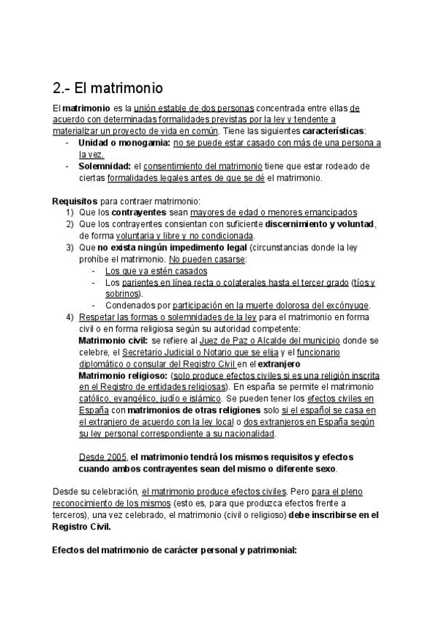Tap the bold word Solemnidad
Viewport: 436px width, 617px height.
click(105, 167)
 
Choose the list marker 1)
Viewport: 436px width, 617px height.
click(70, 212)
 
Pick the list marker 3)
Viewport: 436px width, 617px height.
click(70, 247)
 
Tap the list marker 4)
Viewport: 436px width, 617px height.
click(70, 317)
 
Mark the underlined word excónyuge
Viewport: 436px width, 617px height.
click(345, 306)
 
